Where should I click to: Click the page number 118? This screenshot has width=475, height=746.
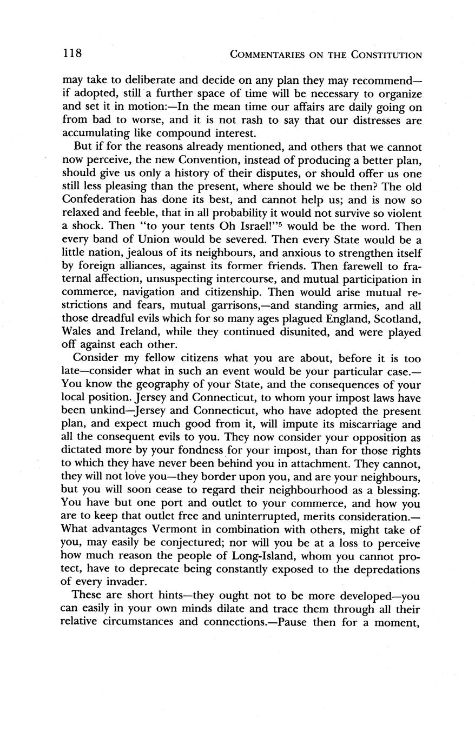71,54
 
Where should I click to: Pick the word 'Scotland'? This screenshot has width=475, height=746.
397,318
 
